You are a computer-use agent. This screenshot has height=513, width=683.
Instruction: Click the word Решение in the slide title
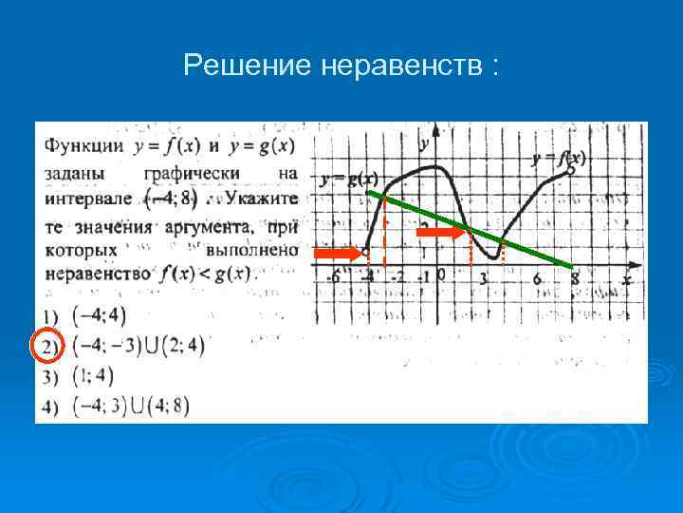point(249,66)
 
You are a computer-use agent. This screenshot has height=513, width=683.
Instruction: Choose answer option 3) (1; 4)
point(92,376)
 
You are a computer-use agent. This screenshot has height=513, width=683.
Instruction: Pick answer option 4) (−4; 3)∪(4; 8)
point(131,406)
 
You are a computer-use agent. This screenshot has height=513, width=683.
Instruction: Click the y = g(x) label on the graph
point(349,179)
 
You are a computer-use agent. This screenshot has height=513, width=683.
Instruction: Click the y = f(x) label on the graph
point(559,157)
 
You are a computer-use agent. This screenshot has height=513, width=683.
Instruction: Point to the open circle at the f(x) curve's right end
point(570,170)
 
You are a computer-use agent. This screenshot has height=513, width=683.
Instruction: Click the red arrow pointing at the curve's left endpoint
point(338,254)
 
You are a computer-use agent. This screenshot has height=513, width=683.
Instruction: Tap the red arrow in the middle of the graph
point(439,232)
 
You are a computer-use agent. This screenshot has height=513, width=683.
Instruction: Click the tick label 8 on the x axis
point(575,279)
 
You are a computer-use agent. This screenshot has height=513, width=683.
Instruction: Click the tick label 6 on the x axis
point(537,279)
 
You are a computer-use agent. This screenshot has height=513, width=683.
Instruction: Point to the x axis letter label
point(626,278)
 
